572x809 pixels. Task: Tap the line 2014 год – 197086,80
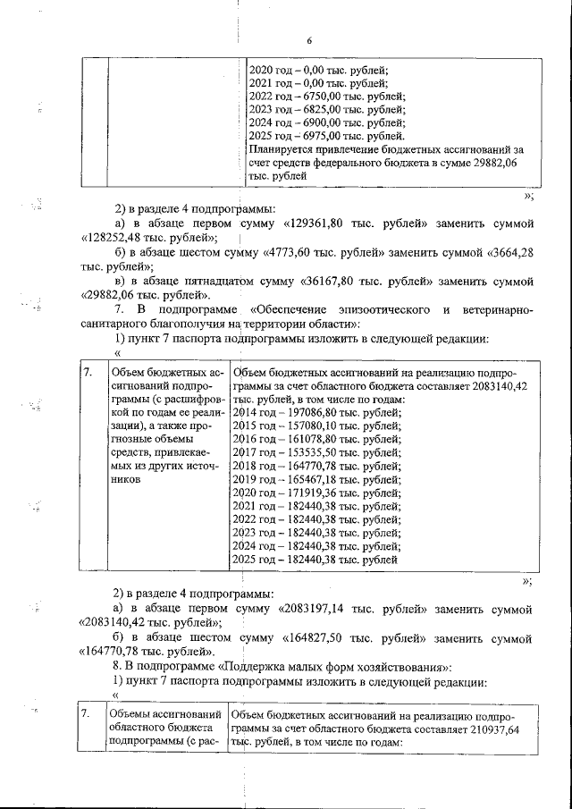tap(316, 413)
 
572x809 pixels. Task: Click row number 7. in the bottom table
tap(85, 713)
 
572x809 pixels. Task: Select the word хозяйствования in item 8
tap(405, 668)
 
